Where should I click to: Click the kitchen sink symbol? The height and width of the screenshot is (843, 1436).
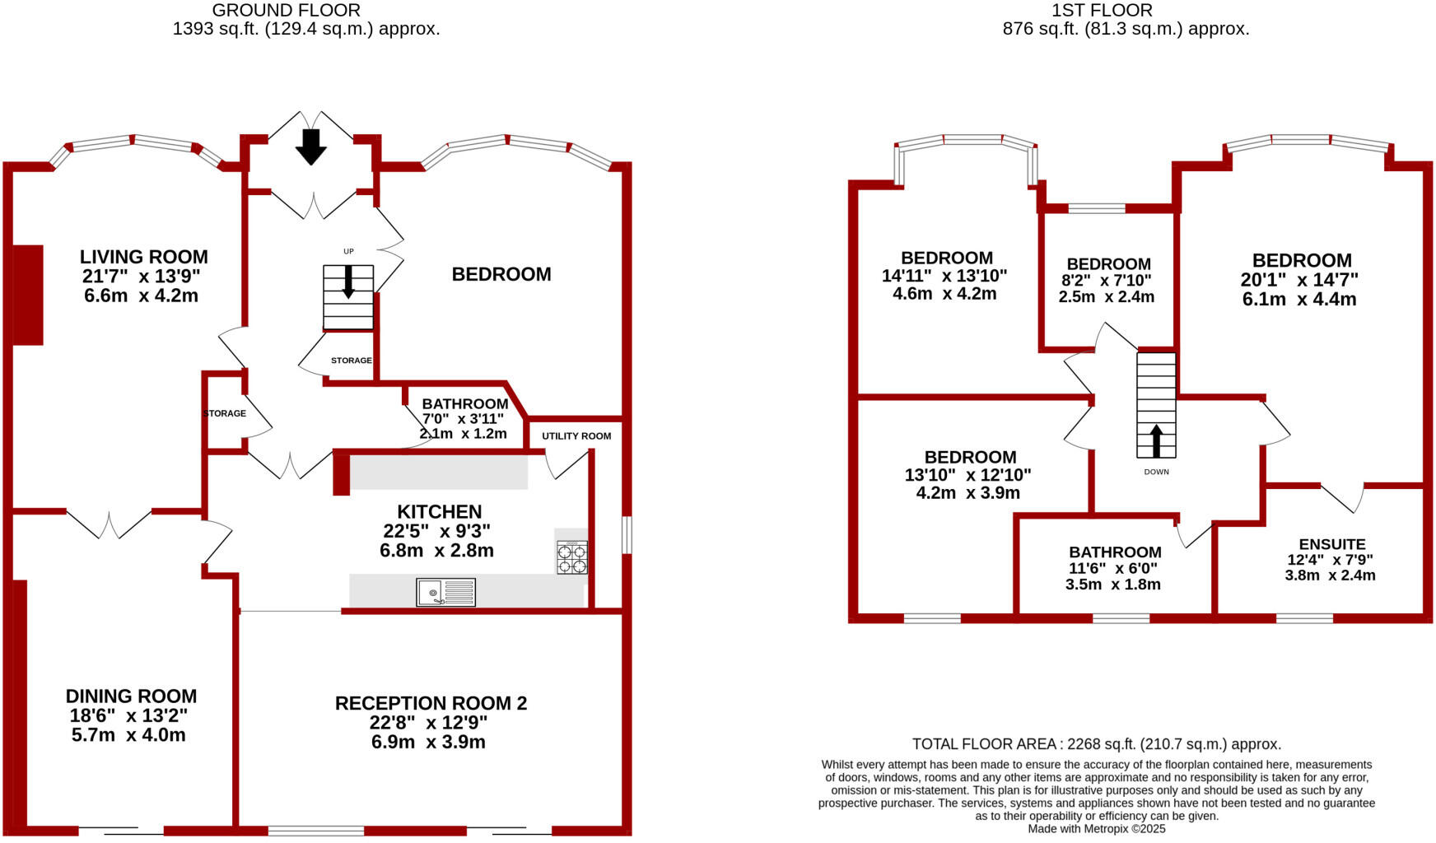(445, 593)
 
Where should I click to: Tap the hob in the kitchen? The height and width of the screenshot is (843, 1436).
(572, 557)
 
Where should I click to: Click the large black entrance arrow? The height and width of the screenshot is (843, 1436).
(310, 147)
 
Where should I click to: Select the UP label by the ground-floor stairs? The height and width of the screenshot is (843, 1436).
(348, 251)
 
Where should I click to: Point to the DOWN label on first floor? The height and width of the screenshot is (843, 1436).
(1156, 472)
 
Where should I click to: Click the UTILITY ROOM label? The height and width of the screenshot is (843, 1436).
(576, 435)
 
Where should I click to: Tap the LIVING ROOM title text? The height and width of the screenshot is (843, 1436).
(143, 257)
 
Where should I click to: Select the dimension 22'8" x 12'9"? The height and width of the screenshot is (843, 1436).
(428, 722)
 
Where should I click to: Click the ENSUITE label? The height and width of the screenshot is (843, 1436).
(1331, 544)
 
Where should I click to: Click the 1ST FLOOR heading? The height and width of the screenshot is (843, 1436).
(1102, 11)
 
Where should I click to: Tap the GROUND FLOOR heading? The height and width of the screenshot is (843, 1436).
(286, 11)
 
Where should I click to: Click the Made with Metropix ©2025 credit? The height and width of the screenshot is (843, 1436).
(1096, 829)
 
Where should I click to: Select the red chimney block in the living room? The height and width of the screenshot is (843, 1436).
(27, 295)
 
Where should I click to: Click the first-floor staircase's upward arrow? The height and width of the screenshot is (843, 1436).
(1156, 440)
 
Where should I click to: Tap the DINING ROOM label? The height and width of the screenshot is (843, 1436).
(131, 696)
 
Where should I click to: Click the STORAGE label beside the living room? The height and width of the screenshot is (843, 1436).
(225, 413)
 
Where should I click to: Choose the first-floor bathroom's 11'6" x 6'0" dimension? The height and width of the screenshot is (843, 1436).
(1113, 568)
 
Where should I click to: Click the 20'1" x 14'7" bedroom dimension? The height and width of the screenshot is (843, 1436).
(1298, 280)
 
